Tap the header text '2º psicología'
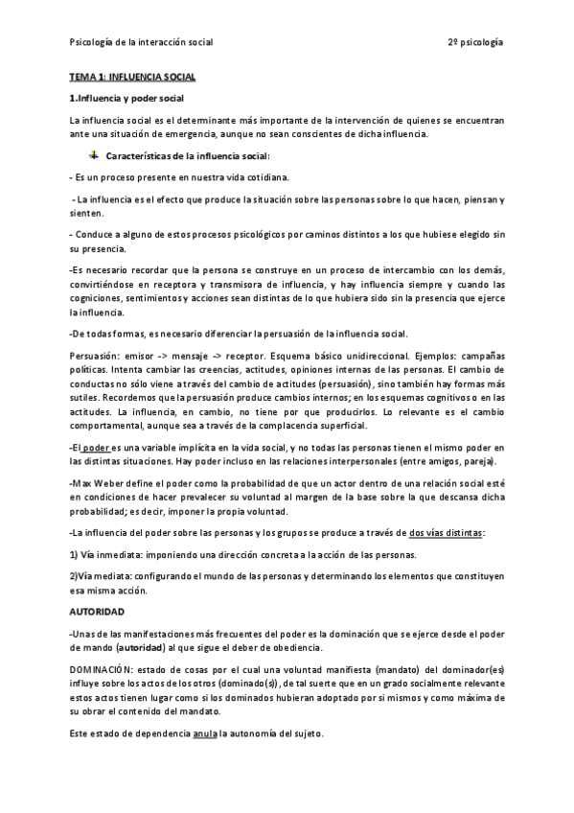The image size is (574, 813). click(475, 43)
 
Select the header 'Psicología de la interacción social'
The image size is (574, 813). click(142, 43)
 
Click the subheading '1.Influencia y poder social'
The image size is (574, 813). click(126, 98)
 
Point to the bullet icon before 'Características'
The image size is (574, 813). click(93, 155)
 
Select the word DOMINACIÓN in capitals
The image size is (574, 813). click(103, 667)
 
